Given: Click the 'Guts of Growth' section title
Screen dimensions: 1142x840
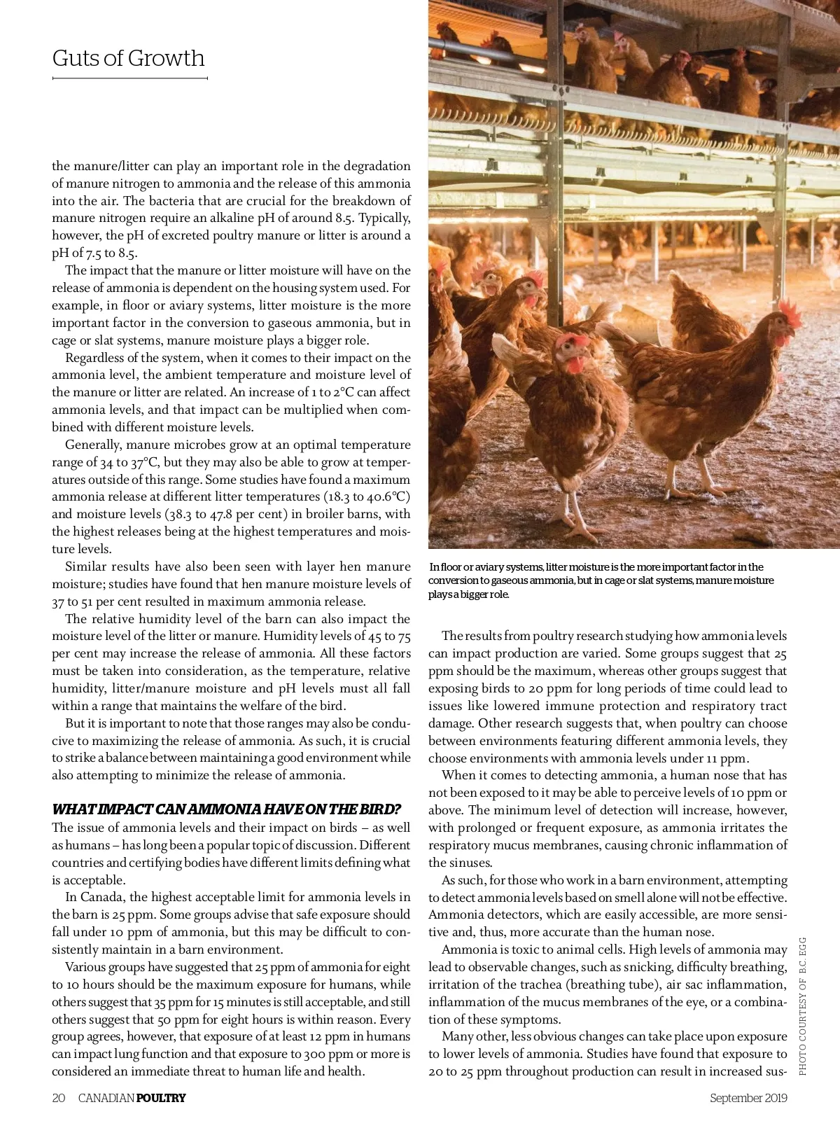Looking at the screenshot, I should [128, 58].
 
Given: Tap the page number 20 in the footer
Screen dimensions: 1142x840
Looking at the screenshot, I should [59, 1098].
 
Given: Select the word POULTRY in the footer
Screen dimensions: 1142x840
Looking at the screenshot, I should [161, 1098].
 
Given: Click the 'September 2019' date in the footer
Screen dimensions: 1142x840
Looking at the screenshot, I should [748, 1098].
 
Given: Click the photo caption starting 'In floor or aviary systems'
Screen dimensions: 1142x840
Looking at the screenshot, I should [601, 580].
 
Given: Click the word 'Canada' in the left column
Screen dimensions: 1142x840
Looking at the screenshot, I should [104, 897].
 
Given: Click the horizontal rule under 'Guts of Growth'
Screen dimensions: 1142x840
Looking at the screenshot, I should [129, 78].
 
